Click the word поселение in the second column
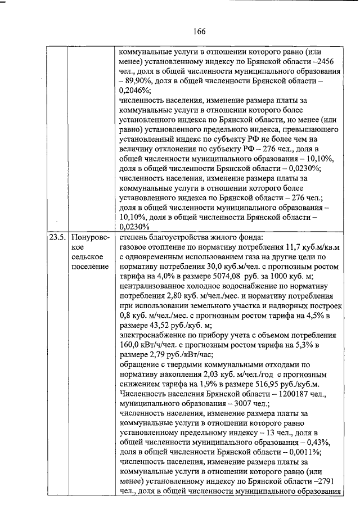pos(90,265)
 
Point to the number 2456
pos(329,62)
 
